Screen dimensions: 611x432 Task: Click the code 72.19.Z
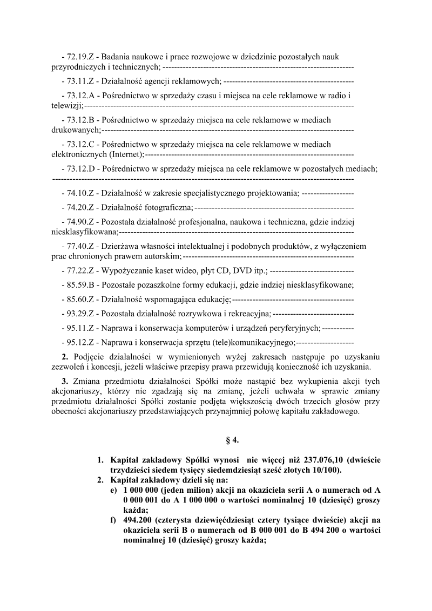(80, 56)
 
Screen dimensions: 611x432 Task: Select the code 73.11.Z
(80, 81)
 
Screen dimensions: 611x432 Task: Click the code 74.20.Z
(80, 207)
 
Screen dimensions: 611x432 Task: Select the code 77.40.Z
(80, 246)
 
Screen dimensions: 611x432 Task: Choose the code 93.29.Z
(80, 314)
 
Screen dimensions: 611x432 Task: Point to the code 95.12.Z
(80, 342)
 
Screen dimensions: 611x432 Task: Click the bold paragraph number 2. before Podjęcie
(65, 357)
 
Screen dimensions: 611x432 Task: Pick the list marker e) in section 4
(113, 490)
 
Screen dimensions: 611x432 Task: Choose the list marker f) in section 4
(113, 519)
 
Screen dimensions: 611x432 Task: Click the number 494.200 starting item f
(137, 519)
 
